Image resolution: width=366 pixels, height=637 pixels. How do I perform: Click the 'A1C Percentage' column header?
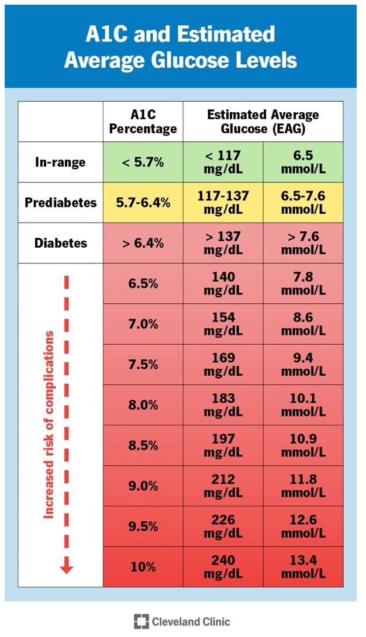(x=143, y=122)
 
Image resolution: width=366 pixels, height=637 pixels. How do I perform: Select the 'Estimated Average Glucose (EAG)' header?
(x=263, y=122)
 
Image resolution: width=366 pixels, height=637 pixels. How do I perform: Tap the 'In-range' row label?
(x=60, y=162)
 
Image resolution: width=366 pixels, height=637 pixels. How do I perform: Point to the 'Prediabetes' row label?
(x=60, y=202)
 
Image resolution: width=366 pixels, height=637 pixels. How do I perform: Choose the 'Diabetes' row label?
(x=60, y=243)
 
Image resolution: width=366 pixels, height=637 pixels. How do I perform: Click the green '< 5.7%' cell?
(x=143, y=162)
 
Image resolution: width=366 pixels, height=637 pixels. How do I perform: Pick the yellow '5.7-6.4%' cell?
(x=143, y=202)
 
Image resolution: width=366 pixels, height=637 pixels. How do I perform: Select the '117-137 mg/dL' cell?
(x=223, y=202)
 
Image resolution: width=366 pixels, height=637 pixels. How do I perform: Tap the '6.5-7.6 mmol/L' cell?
(x=303, y=202)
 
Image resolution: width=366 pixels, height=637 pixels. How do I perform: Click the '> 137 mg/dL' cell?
(x=223, y=243)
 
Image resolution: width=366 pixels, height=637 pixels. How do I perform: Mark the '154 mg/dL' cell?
(x=223, y=323)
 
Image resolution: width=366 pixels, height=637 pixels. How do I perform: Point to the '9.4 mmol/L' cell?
(x=303, y=363)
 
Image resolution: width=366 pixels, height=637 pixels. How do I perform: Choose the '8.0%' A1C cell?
(x=143, y=404)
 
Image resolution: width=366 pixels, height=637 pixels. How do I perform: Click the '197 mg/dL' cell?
(x=223, y=445)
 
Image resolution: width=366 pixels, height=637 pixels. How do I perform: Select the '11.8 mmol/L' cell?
(x=303, y=485)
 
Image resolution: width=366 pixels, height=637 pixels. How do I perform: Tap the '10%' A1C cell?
(x=143, y=566)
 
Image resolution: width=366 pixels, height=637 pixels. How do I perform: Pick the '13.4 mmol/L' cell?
(x=303, y=566)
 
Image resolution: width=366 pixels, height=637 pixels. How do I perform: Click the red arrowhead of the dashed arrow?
(x=66, y=566)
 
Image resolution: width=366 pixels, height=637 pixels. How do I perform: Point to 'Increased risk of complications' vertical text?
(x=49, y=424)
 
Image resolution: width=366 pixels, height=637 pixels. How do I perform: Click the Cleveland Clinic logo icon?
(x=141, y=621)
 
